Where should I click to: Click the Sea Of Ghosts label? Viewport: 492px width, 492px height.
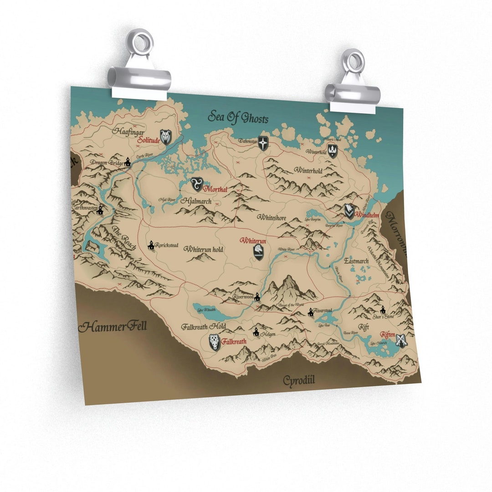(x=238, y=117)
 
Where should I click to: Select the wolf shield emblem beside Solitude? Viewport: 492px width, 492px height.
(x=165, y=137)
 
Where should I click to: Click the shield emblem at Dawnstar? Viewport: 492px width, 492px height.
(x=263, y=143)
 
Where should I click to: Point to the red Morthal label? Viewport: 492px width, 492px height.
(x=216, y=189)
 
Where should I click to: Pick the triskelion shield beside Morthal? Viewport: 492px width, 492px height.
(x=197, y=184)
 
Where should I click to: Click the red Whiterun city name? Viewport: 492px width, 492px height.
(x=253, y=240)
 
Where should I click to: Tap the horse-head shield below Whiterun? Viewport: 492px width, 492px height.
(x=259, y=252)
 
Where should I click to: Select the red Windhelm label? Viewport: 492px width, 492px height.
(x=368, y=215)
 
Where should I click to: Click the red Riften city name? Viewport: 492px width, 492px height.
(x=388, y=334)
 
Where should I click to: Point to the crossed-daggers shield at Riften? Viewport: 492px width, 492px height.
(x=401, y=340)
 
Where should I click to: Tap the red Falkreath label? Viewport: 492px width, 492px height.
(x=234, y=341)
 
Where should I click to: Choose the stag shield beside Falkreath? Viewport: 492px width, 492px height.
(x=215, y=342)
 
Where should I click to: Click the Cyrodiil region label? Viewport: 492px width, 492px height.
(x=299, y=380)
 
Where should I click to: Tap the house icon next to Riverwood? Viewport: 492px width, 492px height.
(x=257, y=297)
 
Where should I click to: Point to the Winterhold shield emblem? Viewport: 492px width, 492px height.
(x=333, y=151)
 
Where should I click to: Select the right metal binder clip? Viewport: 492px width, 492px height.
(x=353, y=84)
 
